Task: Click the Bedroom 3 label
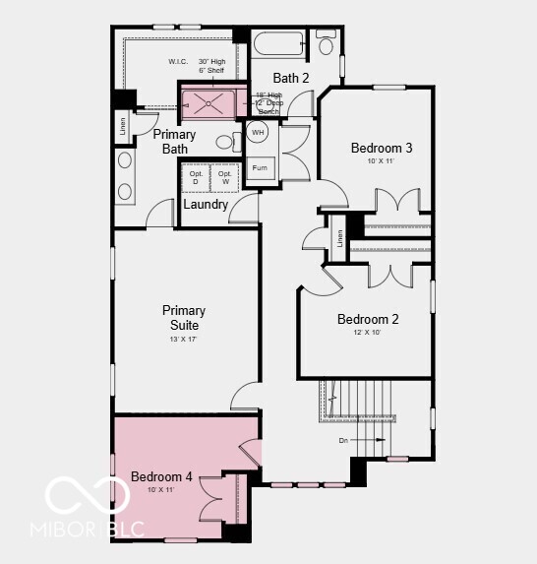point(381,149)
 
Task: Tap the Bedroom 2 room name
point(367,319)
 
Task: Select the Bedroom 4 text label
point(161,477)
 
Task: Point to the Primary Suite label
point(184,318)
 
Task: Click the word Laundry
point(206,205)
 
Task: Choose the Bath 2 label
point(291,78)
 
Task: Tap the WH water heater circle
point(259,132)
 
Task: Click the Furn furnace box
point(260,168)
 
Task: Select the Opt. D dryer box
point(195,177)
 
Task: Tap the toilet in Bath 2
point(326,44)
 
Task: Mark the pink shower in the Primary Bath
point(208,101)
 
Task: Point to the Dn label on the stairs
point(343,440)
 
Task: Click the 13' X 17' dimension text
point(184,340)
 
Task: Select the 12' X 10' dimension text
point(367,334)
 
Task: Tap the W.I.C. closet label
point(177,62)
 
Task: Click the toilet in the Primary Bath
point(225,143)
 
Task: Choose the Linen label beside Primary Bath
point(124,126)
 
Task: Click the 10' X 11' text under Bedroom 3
point(381,162)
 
